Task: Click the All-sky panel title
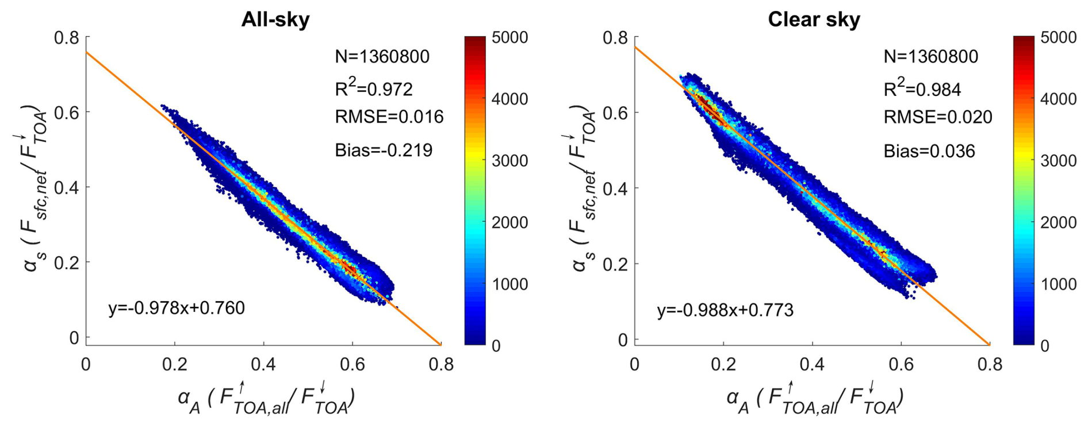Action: pos(275,20)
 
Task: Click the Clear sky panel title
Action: pos(814,20)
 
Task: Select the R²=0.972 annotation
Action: pos(374,88)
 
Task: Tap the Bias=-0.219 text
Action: pos(384,151)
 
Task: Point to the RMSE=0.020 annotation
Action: pos(938,117)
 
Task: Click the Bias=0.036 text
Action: pos(929,151)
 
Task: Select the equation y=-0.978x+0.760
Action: pos(177,309)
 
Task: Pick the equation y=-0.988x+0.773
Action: pos(725,311)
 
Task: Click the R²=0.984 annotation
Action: pos(922,88)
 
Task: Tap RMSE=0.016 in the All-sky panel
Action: pos(389,117)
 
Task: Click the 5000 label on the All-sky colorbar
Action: pos(509,38)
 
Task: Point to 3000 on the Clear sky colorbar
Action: pos(1058,161)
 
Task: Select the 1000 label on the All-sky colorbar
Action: pos(509,284)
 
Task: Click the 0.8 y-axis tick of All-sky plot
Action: pos(67,38)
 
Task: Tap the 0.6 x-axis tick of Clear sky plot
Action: pos(901,365)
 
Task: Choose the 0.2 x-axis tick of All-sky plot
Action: pos(175,365)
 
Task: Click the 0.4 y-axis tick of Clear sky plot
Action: pos(615,188)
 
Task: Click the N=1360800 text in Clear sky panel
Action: pos(930,57)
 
